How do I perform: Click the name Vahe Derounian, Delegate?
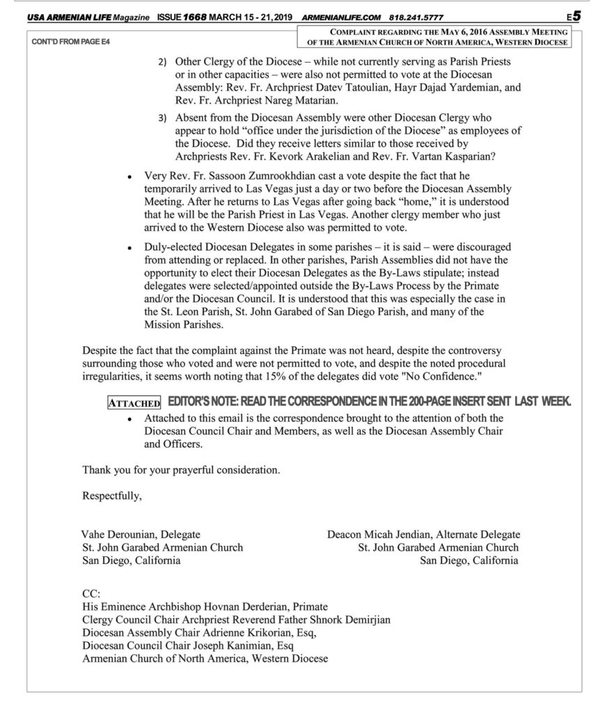(141, 534)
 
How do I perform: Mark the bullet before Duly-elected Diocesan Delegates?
(130, 248)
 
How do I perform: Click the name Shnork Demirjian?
(351, 620)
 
